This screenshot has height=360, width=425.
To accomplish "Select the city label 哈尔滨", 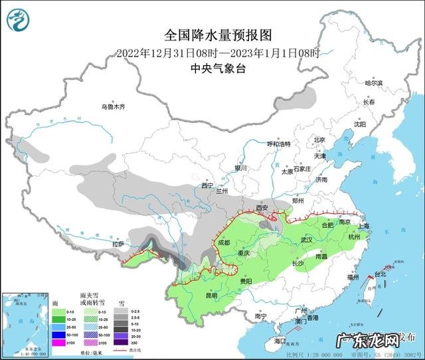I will [x=375, y=83].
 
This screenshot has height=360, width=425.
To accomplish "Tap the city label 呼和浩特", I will [x=279, y=144].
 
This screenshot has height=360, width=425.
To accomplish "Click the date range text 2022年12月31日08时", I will [x=166, y=52].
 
